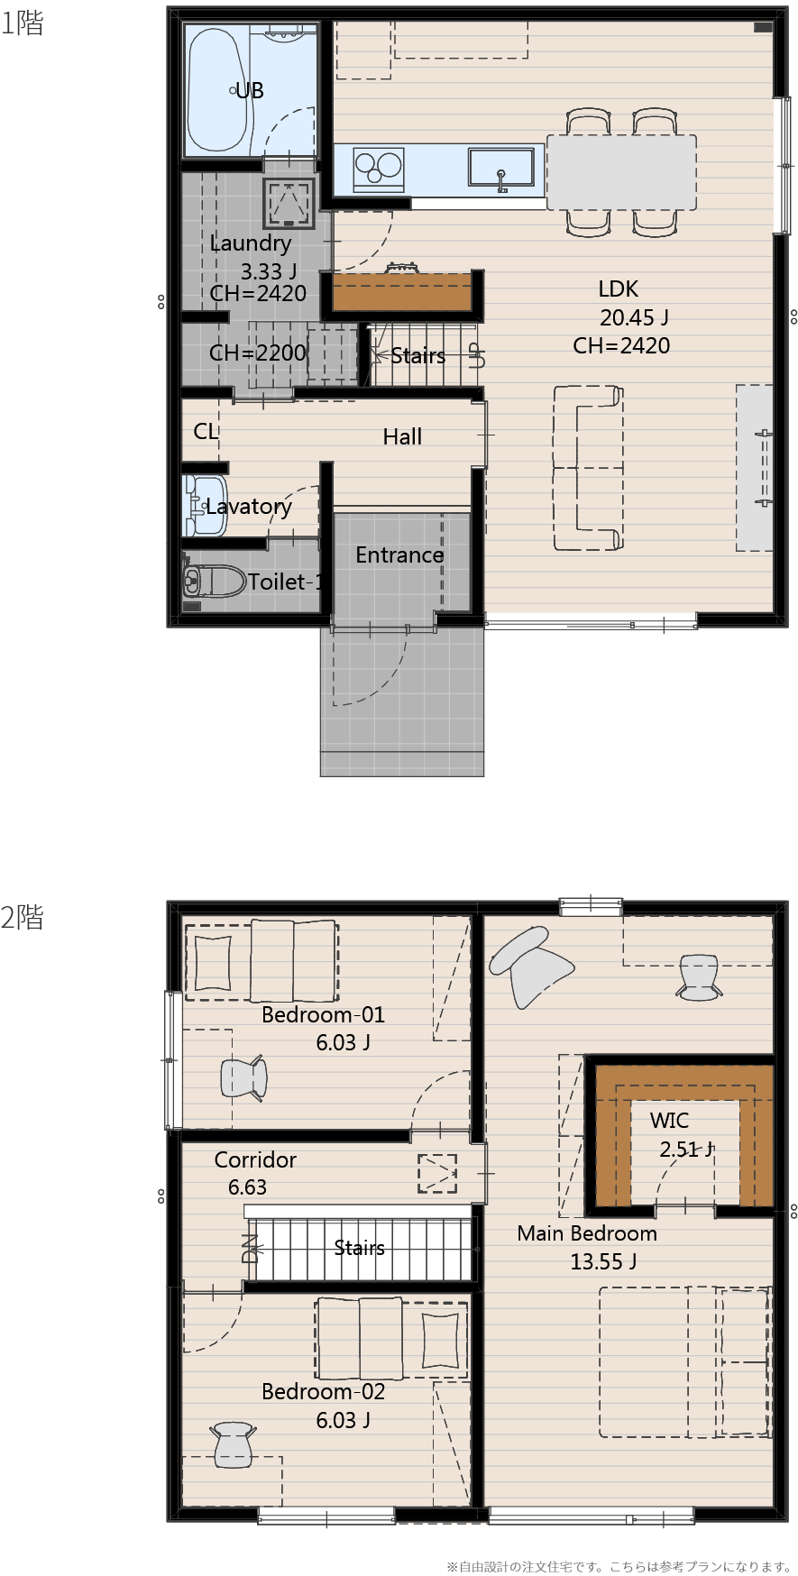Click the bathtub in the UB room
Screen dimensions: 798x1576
[x=216, y=90]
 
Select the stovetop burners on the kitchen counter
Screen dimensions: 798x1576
[x=379, y=168]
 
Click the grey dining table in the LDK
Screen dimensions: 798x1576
[x=621, y=172]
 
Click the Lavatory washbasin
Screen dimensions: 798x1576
[x=204, y=505]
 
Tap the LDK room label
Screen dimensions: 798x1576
[x=619, y=289]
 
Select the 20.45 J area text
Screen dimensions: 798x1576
[x=634, y=317]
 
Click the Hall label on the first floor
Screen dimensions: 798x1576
[x=402, y=436]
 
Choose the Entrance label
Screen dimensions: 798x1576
[x=399, y=554]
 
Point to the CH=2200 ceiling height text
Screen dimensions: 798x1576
[x=258, y=353]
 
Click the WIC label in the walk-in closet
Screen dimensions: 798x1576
[x=669, y=1121]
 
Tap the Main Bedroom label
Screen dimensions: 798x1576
[x=587, y=1233]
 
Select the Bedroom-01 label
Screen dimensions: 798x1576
[x=323, y=1014]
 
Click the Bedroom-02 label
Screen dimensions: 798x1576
[x=323, y=1391]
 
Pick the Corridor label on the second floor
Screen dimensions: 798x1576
[x=255, y=1159]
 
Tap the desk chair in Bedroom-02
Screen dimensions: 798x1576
[x=233, y=1444]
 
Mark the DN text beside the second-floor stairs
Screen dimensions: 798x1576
[x=250, y=1248]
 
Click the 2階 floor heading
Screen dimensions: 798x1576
[x=23, y=918]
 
